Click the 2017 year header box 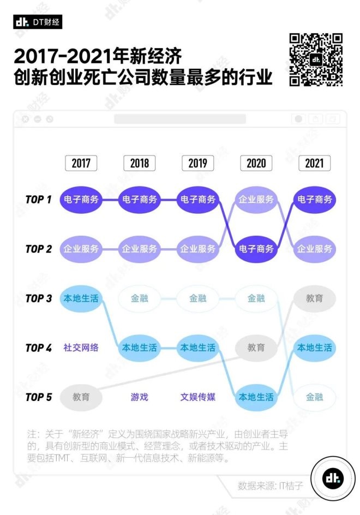(81, 163)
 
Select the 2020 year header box (256, 163)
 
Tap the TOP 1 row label (38, 200)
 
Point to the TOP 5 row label (38, 397)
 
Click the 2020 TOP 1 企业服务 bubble (256, 200)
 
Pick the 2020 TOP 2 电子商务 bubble (256, 249)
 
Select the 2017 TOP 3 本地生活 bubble (81, 298)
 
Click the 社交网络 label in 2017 (81, 348)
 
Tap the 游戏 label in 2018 (139, 397)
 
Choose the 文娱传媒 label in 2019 (197, 397)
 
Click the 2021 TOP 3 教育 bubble (314, 298)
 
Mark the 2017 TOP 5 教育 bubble (81, 397)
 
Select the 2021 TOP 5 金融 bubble (314, 397)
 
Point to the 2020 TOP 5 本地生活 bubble (256, 397)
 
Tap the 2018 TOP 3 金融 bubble (139, 298)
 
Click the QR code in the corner (316, 59)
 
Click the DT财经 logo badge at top (38, 22)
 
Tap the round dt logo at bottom (331, 479)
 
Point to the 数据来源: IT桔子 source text (269, 485)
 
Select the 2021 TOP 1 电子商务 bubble (314, 200)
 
